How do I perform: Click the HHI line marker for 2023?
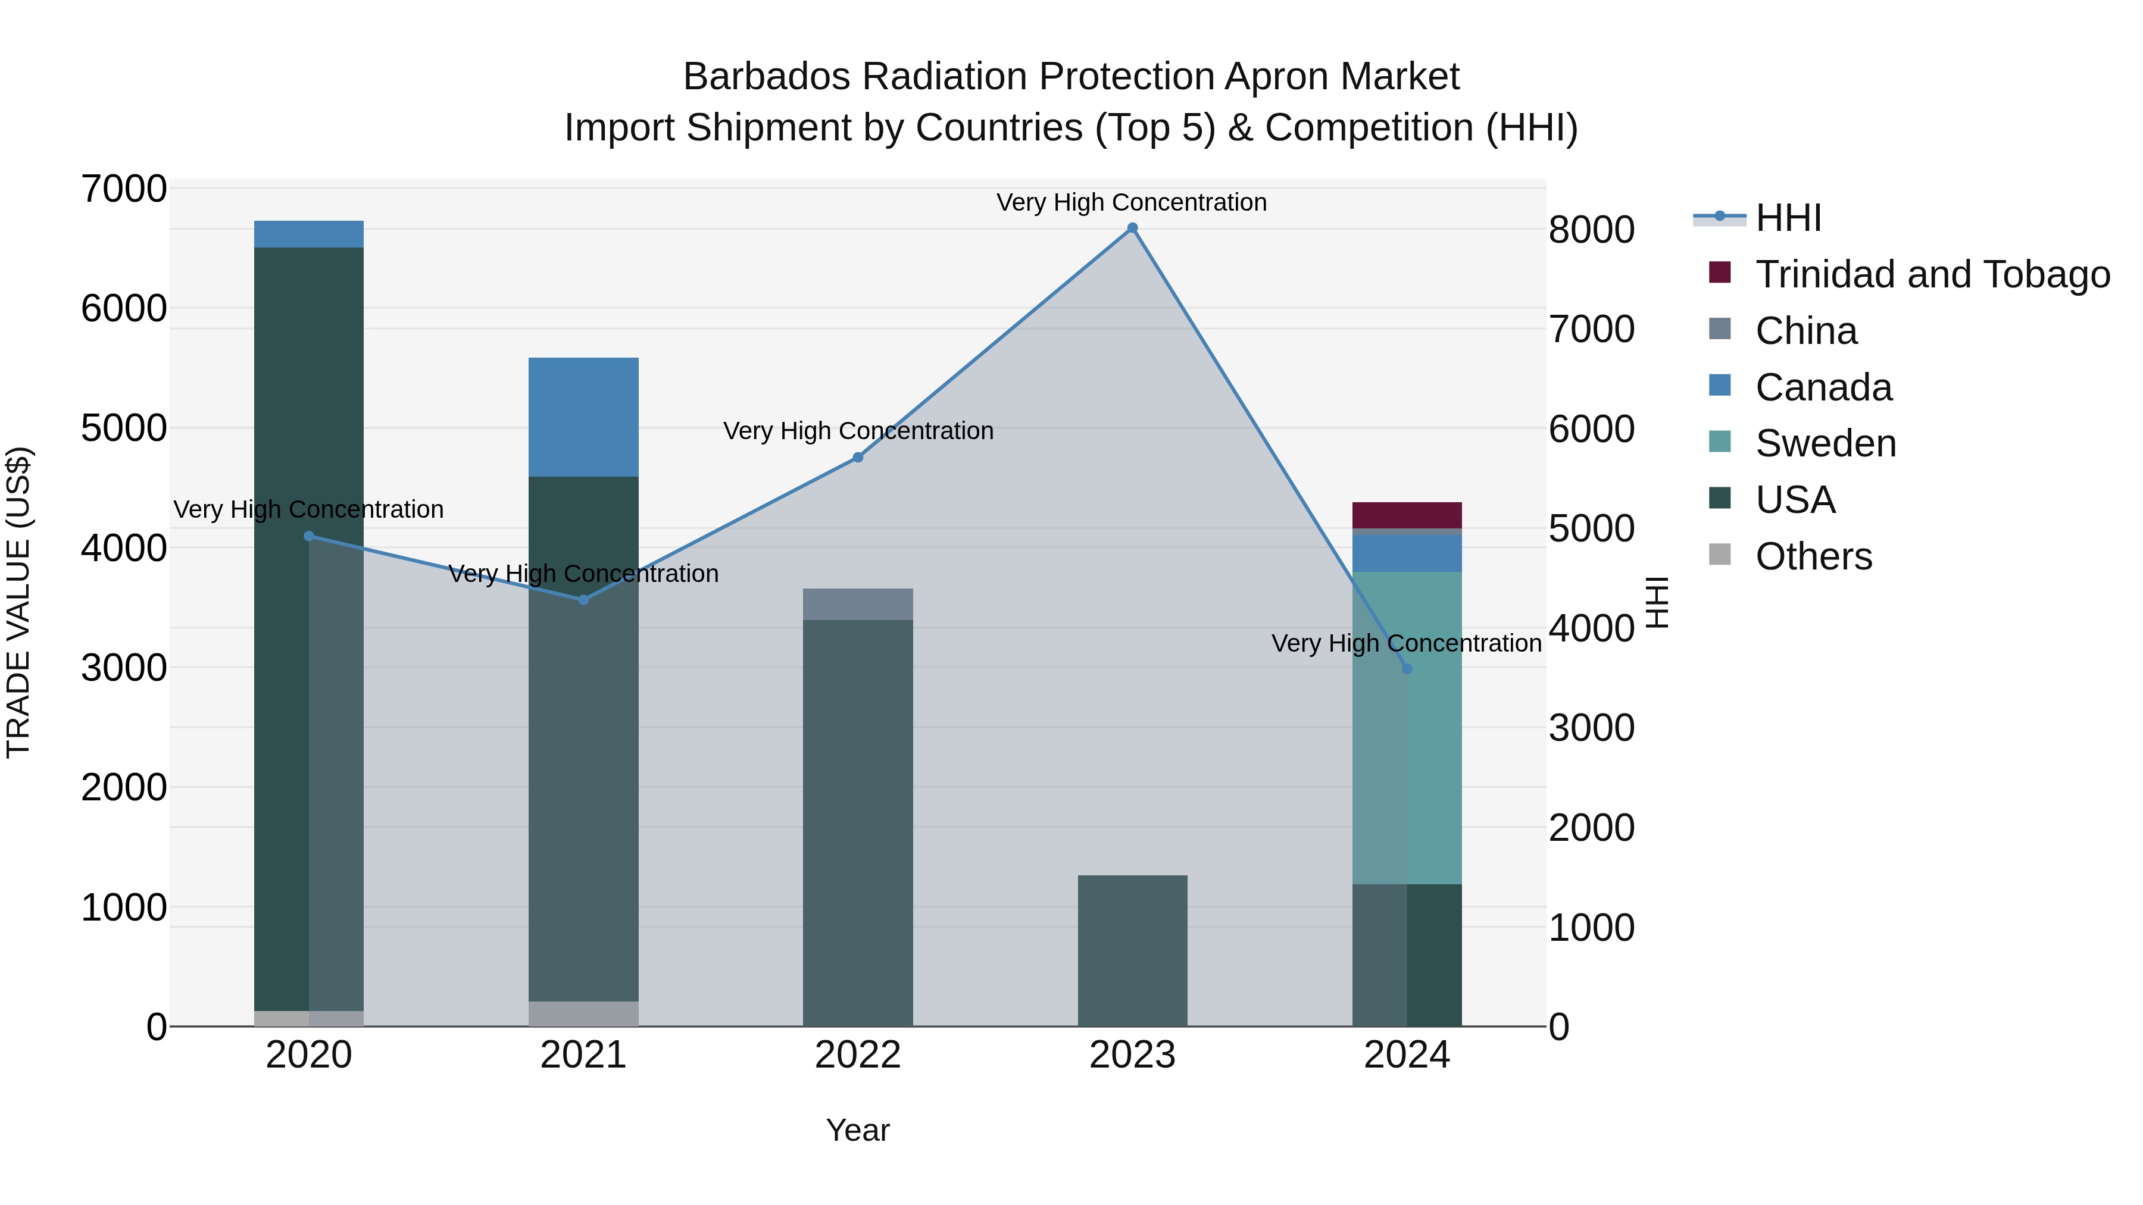(1132, 228)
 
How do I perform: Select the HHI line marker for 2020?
(308, 536)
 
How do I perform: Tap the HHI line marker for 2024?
(1407, 669)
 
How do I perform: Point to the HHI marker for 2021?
(583, 600)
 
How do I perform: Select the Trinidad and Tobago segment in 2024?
(1407, 515)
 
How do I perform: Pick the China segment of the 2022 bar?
(858, 604)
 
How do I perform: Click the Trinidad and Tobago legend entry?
(1932, 274)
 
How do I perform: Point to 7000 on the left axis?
(124, 189)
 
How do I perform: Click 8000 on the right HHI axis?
(1591, 230)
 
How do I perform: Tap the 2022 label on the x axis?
(858, 1055)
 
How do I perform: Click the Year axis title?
(858, 1130)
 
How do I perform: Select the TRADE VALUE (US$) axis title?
(18, 602)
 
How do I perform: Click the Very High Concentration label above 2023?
(1132, 202)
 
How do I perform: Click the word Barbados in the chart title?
(766, 77)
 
